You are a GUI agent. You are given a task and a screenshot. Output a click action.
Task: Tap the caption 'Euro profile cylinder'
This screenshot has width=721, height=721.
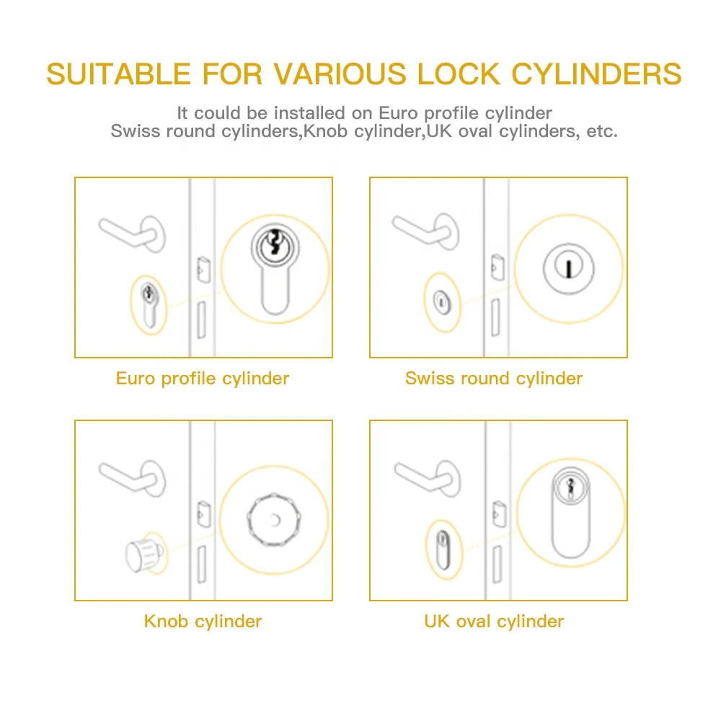[203, 378]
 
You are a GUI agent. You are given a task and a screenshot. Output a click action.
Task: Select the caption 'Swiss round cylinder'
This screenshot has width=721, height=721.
[494, 378]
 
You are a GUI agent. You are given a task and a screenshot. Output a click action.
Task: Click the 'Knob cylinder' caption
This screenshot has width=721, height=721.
[203, 621]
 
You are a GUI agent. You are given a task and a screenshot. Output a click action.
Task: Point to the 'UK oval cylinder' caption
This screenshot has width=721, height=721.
[494, 621]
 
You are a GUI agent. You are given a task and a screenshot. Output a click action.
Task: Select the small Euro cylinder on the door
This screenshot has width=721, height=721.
[149, 304]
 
